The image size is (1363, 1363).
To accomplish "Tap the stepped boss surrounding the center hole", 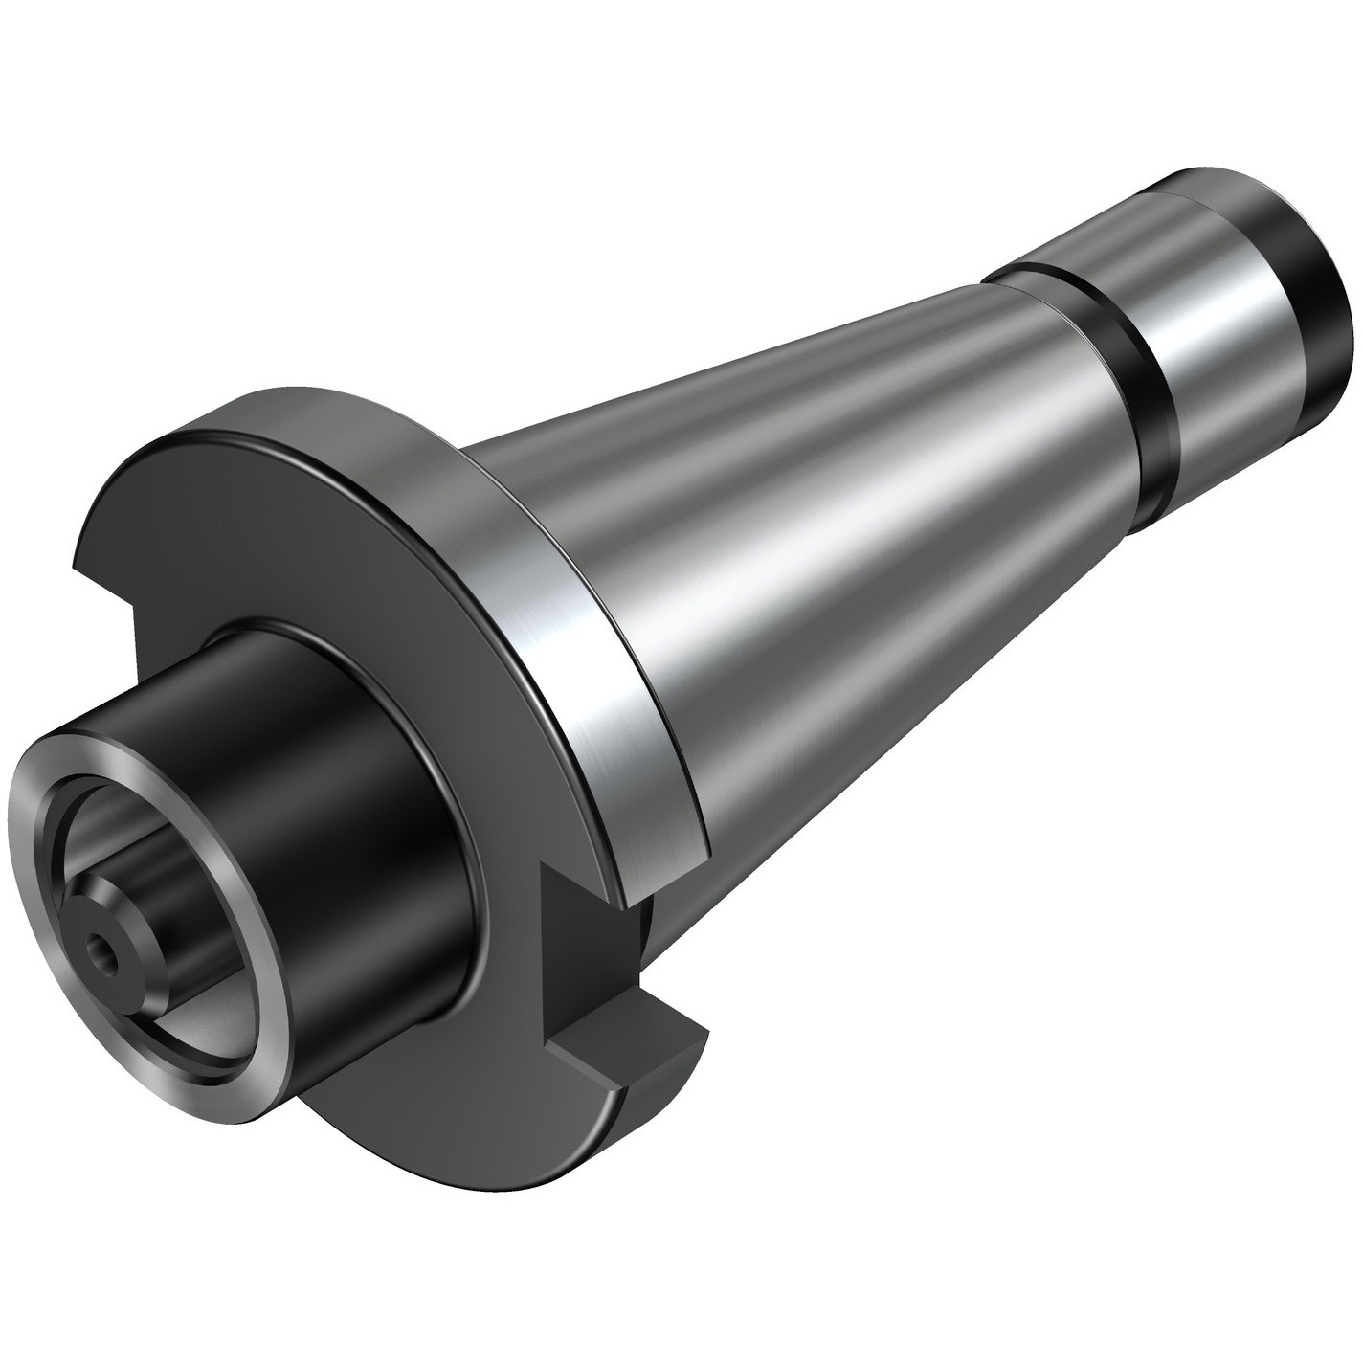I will click(x=120, y=933).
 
